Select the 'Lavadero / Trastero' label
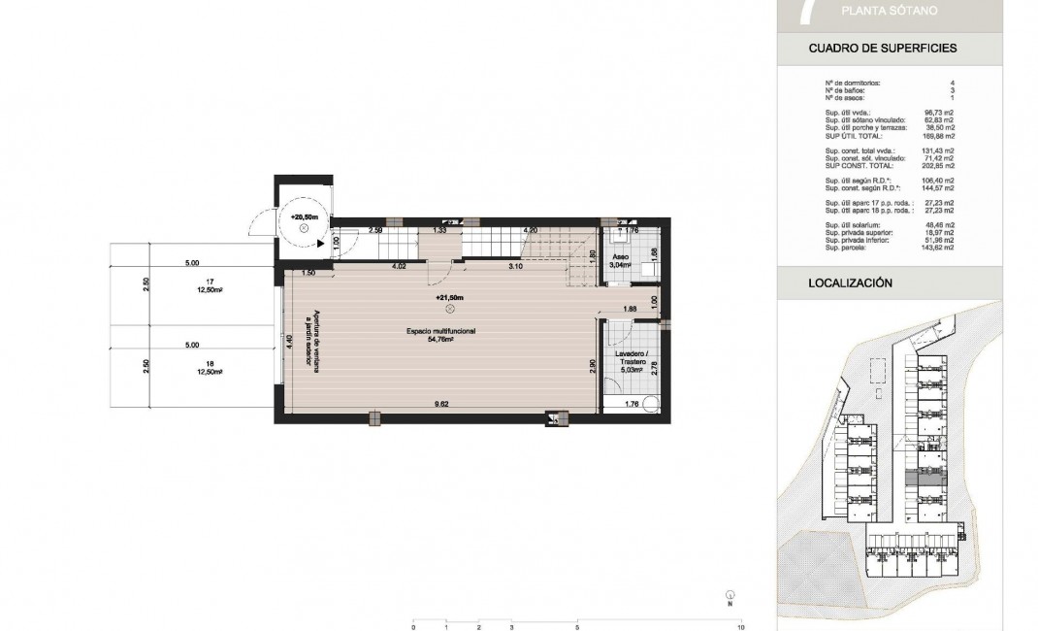(632, 361)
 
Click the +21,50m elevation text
(450, 297)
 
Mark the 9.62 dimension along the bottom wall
(441, 403)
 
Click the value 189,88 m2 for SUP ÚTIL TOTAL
(938, 137)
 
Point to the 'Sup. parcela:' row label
(846, 249)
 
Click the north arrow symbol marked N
(729, 596)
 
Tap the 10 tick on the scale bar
(741, 627)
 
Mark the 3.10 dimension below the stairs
(517, 265)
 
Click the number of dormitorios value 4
(952, 83)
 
